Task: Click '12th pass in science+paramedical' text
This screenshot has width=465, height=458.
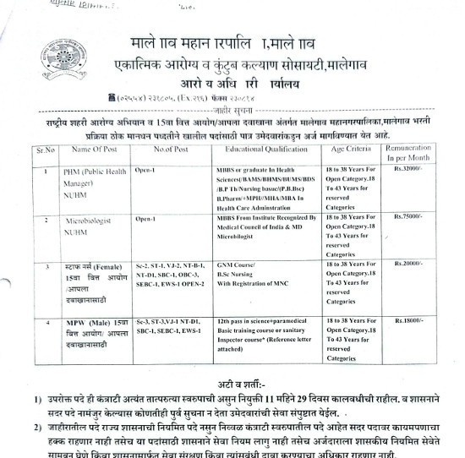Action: (261, 323)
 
